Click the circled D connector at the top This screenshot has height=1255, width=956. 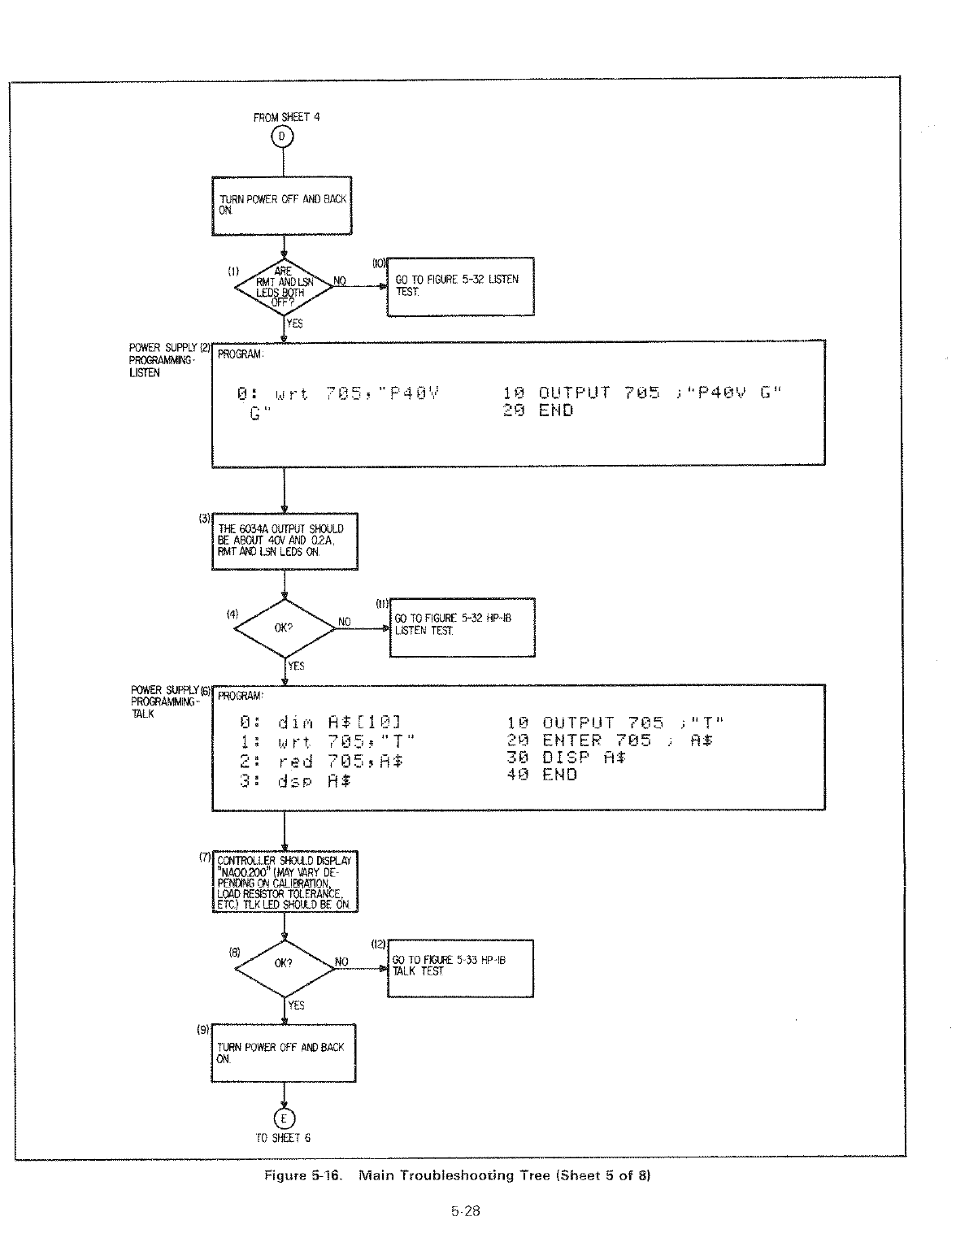tap(283, 137)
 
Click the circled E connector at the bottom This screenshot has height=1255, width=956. tap(284, 1116)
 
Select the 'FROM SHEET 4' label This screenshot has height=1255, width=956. tap(287, 117)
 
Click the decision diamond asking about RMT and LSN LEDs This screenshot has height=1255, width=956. tap(284, 287)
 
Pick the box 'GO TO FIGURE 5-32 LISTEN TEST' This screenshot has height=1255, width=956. tap(461, 286)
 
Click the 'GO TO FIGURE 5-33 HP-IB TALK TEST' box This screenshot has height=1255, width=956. tap(461, 967)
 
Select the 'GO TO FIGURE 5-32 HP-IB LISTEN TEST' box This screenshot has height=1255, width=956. tap(463, 627)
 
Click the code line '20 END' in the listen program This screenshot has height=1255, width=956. tap(538, 411)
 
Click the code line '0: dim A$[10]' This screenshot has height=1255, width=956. tap(321, 723)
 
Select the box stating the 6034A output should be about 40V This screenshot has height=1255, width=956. tap(284, 541)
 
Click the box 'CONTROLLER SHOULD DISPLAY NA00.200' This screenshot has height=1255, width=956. tap(284, 882)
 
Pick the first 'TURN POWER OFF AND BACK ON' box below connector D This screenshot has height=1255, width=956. tap(282, 206)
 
